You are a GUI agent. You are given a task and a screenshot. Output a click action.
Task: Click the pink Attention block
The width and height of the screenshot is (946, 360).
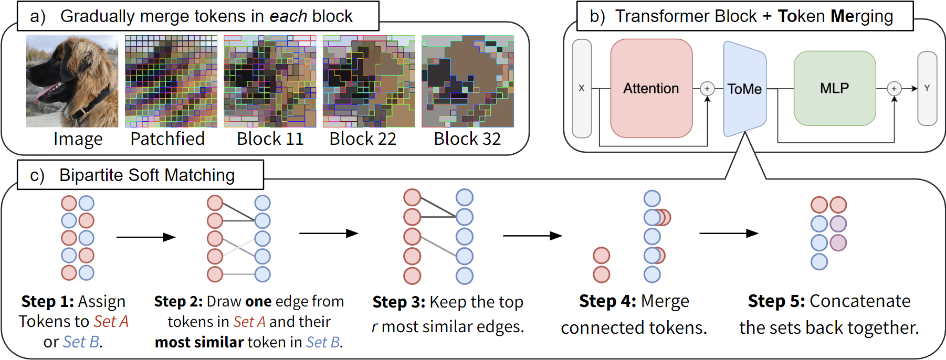(x=651, y=88)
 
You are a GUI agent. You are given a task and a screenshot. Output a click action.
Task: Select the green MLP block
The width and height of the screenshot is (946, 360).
(x=834, y=88)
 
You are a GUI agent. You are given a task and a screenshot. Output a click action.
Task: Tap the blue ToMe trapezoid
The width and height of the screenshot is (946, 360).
(x=744, y=89)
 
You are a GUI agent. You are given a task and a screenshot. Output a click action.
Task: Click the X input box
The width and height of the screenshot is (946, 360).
(x=581, y=88)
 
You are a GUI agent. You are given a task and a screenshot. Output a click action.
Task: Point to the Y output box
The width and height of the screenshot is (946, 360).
(x=927, y=88)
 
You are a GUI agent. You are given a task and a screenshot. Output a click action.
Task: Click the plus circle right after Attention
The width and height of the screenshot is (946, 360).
(x=707, y=89)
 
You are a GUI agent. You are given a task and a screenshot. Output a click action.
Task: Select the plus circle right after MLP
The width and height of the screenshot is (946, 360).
(x=894, y=89)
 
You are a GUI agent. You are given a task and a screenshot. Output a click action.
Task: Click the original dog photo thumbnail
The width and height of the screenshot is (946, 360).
(x=72, y=81)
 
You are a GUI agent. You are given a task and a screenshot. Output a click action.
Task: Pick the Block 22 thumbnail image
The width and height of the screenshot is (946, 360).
(x=369, y=81)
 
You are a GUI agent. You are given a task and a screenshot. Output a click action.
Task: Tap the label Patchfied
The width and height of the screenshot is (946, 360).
(x=167, y=139)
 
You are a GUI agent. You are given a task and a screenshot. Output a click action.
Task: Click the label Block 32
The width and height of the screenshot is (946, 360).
(x=467, y=139)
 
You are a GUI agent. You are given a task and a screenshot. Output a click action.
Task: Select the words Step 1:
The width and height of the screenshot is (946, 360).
(x=48, y=302)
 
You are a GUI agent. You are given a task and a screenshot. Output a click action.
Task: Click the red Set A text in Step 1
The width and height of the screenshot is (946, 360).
(x=111, y=322)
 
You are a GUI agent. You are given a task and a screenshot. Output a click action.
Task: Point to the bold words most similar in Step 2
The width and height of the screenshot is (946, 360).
(x=199, y=342)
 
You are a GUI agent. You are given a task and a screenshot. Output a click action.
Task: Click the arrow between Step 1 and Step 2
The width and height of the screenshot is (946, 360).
(x=145, y=237)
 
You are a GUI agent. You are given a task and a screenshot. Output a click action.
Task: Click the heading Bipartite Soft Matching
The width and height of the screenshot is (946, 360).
(x=146, y=175)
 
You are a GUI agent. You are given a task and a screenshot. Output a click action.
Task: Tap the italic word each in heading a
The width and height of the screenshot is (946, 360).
(x=288, y=16)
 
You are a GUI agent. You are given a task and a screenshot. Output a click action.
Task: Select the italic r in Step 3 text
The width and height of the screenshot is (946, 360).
(x=375, y=327)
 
